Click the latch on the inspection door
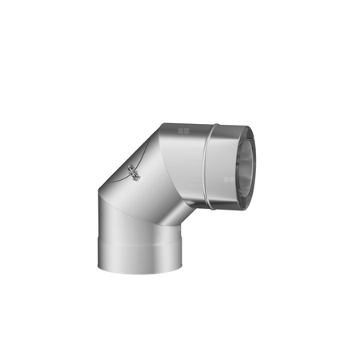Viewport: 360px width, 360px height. [133, 170]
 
